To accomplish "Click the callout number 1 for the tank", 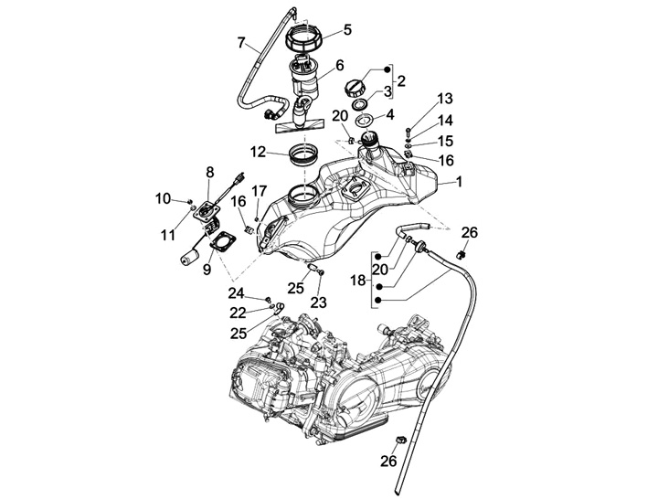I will coord(459,182).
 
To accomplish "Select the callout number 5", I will coord(347,29).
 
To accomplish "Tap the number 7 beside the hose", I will coord(241,42).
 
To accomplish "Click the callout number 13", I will coord(444,99).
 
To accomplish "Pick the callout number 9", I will coord(207,270).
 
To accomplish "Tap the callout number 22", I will coord(239,313).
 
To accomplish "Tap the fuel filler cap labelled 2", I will coord(356,87).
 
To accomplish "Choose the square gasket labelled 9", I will coord(220,244).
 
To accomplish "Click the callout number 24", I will coord(237,293).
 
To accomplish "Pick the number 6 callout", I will coord(339,65).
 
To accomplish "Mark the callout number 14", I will coord(444,120).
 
